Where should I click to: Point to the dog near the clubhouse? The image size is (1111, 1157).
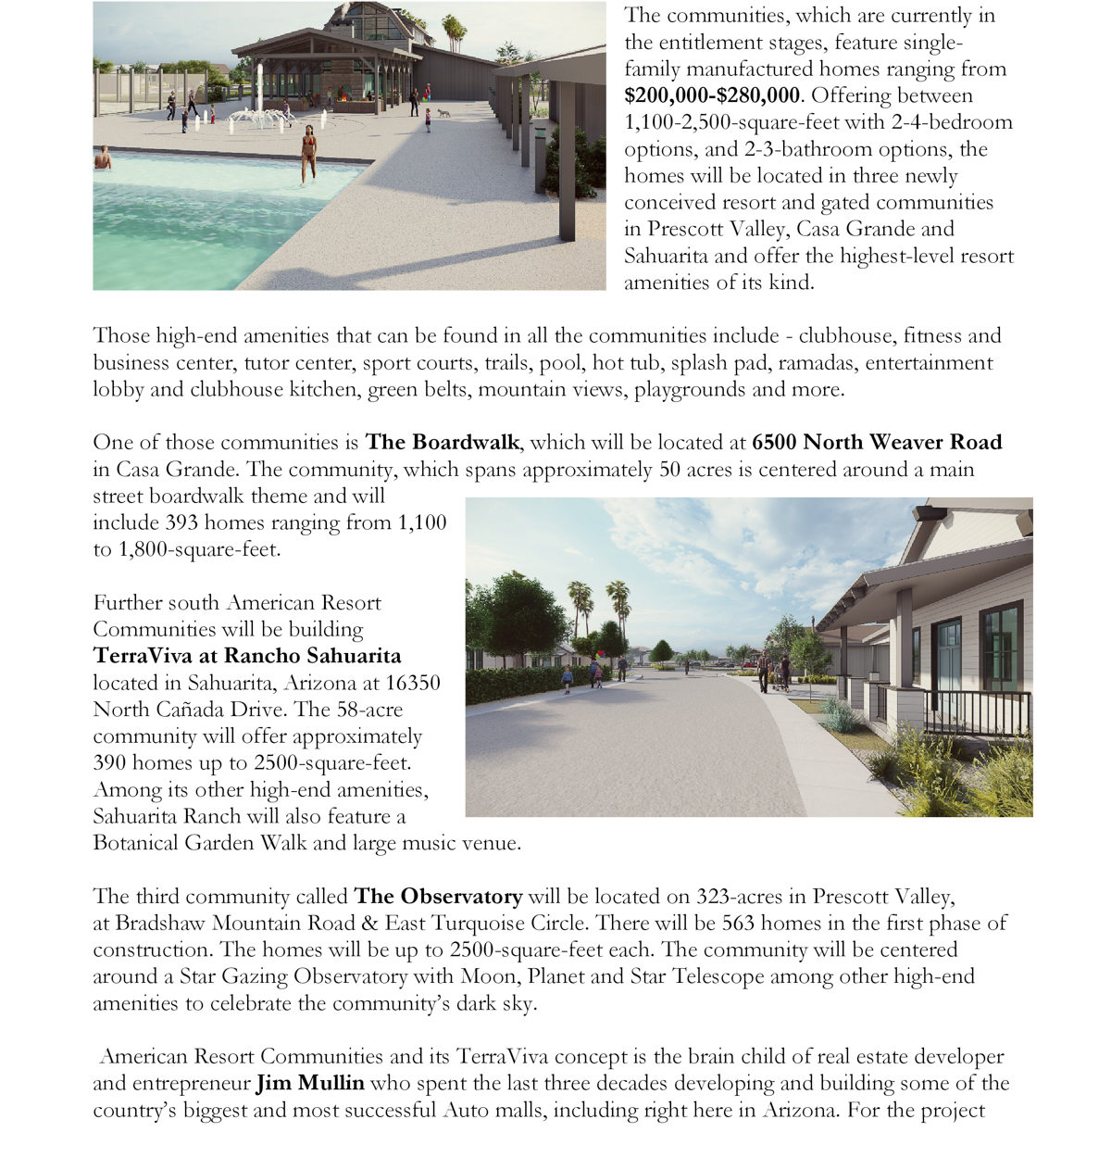(x=445, y=113)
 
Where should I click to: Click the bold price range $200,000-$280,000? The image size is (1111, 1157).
(x=711, y=95)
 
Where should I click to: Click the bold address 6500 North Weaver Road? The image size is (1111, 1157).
(x=877, y=442)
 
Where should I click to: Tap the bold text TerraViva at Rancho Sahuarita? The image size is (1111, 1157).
(x=247, y=656)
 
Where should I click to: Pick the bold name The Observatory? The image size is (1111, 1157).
(x=438, y=896)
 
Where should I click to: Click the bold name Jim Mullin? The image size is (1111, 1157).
(x=310, y=1083)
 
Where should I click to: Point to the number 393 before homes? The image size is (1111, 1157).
(x=181, y=522)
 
